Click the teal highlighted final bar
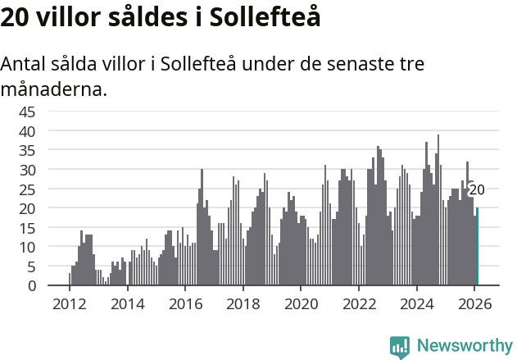(x=477, y=247)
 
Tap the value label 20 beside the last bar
(x=477, y=189)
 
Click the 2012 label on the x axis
(x=69, y=303)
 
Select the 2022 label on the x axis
(x=359, y=303)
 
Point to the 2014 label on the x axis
(x=127, y=303)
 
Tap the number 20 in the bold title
(x=16, y=17)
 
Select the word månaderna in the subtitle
(x=54, y=89)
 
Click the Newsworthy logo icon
(x=400, y=346)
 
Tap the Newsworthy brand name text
(x=464, y=346)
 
